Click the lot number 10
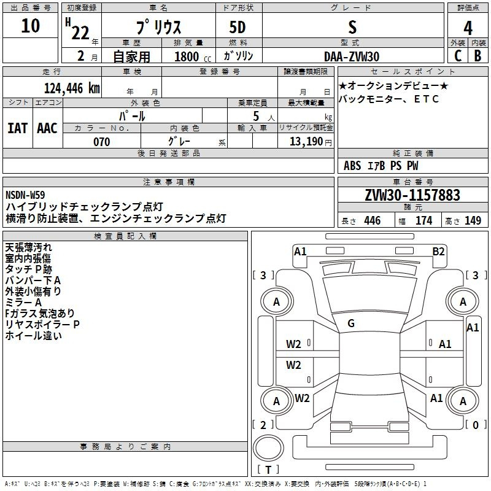click(30, 26)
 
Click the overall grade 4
click(468, 28)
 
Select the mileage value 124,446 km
click(72, 88)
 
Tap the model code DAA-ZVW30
click(352, 56)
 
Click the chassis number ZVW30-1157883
click(412, 195)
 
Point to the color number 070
click(102, 142)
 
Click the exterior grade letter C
click(458, 56)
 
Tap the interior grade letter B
click(477, 56)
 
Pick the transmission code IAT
click(18, 128)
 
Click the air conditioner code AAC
click(47, 128)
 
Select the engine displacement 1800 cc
click(193, 56)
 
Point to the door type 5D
click(238, 28)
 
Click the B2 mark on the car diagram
click(438, 252)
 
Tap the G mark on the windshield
click(351, 323)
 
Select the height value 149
click(473, 220)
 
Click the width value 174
click(424, 220)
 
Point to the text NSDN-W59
click(25, 195)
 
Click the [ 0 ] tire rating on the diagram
click(475, 425)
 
